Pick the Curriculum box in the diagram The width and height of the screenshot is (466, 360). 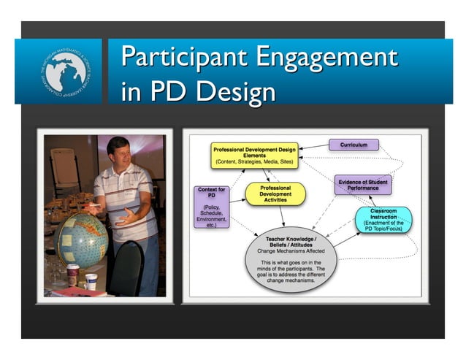point(354,145)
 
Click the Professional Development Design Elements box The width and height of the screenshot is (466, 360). point(256,155)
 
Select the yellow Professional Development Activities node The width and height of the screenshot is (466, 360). point(275,194)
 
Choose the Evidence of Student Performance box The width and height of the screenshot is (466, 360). point(363,184)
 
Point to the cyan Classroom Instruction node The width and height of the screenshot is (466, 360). point(383,218)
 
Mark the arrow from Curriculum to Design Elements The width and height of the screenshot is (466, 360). point(315,147)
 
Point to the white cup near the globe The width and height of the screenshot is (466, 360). point(90,281)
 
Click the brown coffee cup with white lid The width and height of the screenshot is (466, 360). point(73,275)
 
